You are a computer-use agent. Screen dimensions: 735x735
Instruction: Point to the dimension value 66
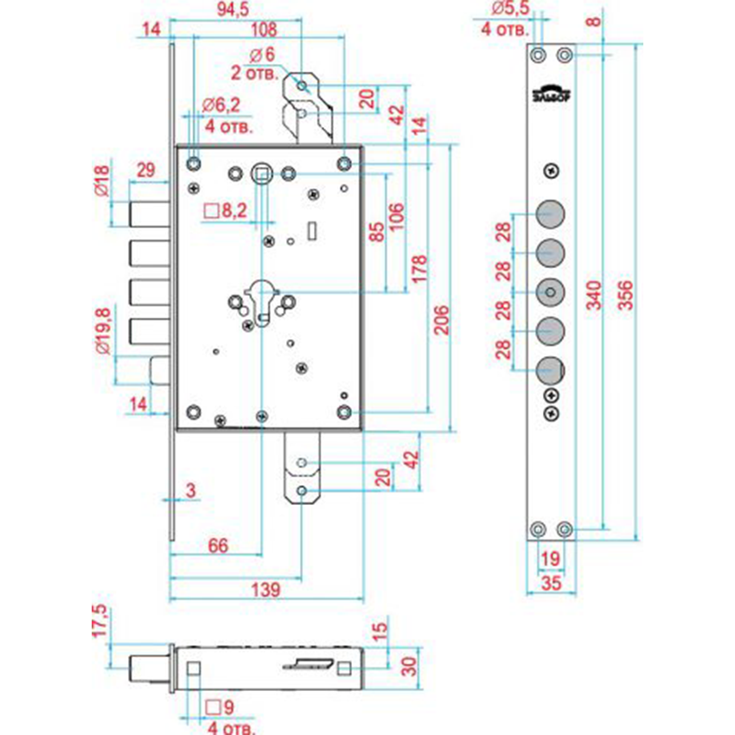[x=219, y=545]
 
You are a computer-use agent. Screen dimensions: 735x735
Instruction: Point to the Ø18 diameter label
[x=101, y=182]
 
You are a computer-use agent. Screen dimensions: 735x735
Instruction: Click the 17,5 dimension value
[x=101, y=621]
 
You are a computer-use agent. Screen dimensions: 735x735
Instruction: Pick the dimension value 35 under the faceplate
[x=551, y=584]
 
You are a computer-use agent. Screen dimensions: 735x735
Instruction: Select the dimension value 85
[x=376, y=232]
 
